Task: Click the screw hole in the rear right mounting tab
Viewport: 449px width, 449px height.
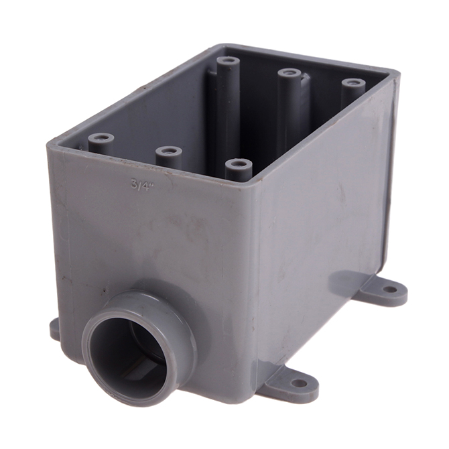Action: pyautogui.click(x=389, y=290)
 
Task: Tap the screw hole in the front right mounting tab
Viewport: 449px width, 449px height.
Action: pyautogui.click(x=299, y=383)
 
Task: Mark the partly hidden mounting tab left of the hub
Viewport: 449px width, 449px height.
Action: pyautogui.click(x=55, y=328)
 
